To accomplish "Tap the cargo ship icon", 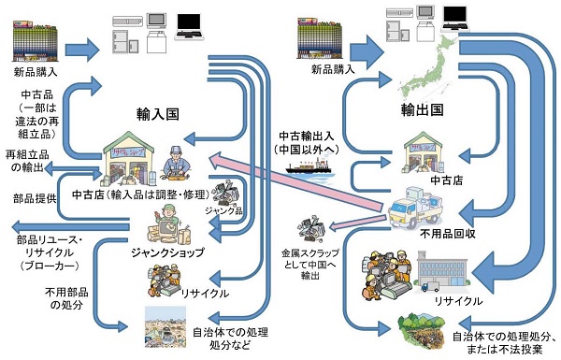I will pyautogui.click(x=309, y=171).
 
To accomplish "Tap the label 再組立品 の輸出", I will pyautogui.click(x=28, y=160).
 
